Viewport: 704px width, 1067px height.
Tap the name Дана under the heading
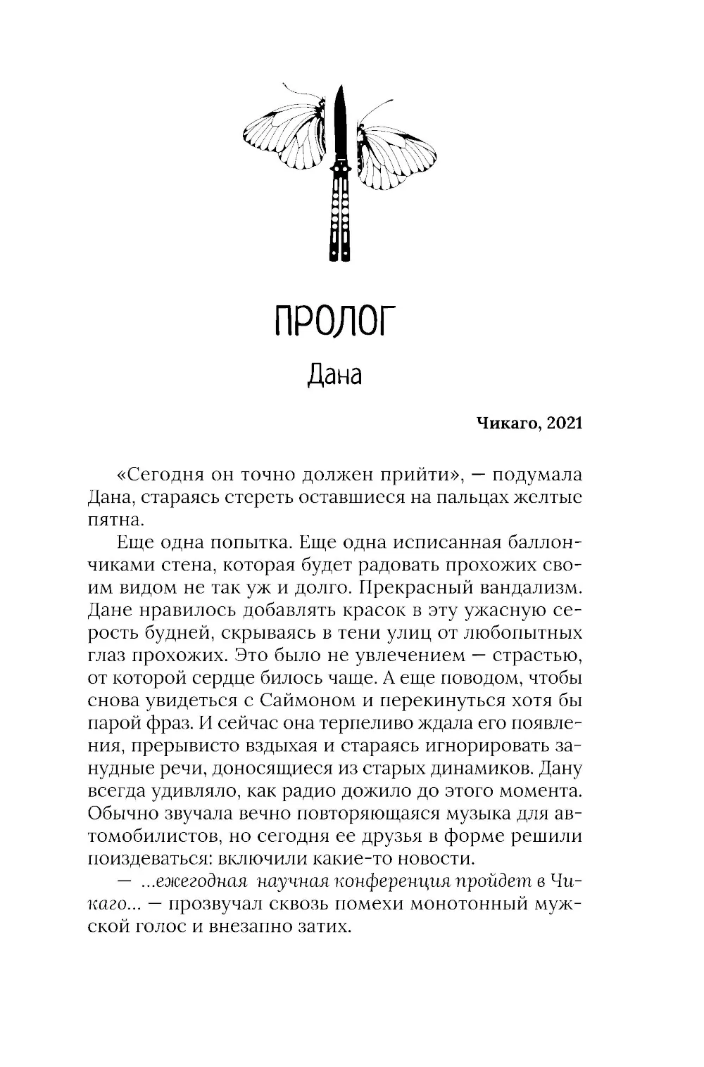click(334, 376)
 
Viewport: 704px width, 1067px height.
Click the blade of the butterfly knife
click(340, 123)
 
